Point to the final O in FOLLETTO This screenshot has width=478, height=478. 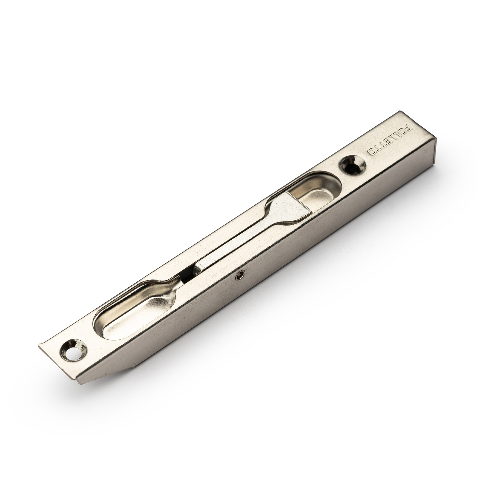pyautogui.click(x=371, y=152)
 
